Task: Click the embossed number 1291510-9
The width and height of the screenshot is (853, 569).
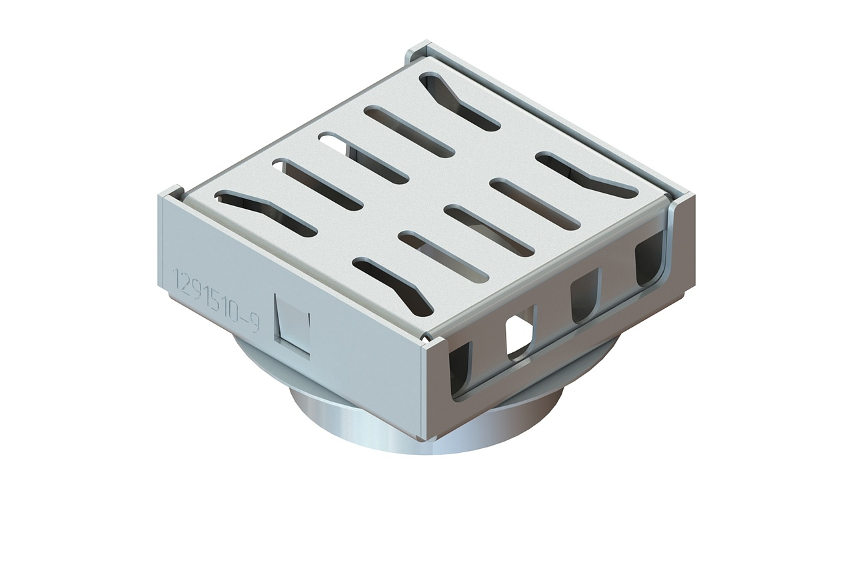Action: click(217, 300)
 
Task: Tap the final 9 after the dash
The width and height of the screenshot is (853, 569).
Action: click(255, 323)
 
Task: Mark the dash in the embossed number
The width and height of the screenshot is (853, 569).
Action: click(245, 319)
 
